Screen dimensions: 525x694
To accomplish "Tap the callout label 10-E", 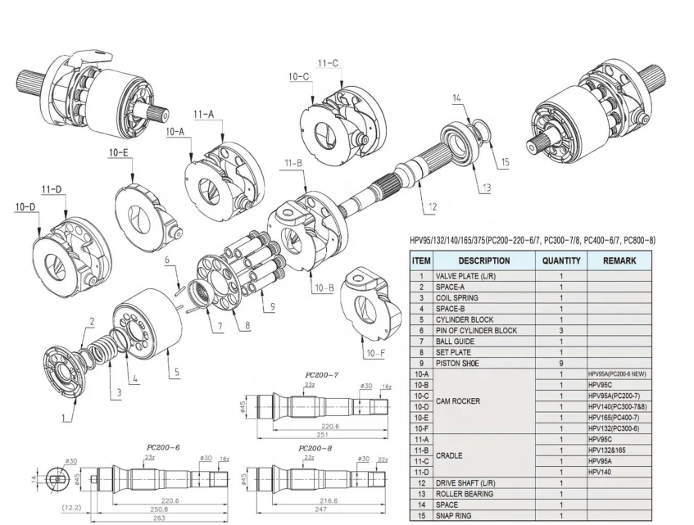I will [x=119, y=152].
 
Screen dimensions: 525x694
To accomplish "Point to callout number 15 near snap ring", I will [x=504, y=162].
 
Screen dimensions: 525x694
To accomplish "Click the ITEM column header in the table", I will [x=420, y=260].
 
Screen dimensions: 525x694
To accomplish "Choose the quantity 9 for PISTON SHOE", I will [x=560, y=362].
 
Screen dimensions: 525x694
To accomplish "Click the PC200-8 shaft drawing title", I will [x=316, y=449].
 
